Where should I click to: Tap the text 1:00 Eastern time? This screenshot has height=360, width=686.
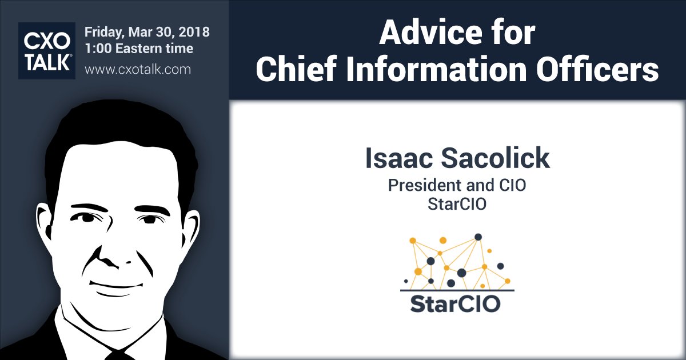(139, 49)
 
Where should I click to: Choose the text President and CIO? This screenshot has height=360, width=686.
(457, 186)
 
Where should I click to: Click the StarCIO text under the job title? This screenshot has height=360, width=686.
(457, 204)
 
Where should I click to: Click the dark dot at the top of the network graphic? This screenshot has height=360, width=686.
(478, 237)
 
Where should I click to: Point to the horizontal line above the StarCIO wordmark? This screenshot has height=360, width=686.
(457, 290)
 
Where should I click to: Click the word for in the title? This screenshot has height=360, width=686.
(508, 34)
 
